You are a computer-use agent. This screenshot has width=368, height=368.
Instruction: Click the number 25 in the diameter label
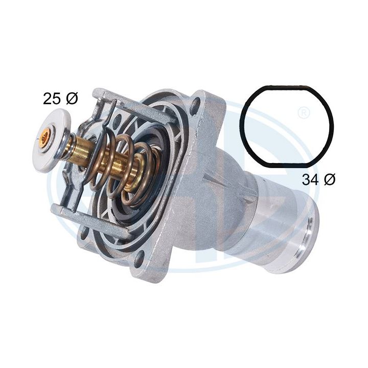coord(52,99)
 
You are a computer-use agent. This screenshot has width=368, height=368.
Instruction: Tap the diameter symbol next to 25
coord(72,99)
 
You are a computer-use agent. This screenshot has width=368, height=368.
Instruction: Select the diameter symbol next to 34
coord(330,179)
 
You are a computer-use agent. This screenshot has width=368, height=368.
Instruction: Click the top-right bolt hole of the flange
coord(195,108)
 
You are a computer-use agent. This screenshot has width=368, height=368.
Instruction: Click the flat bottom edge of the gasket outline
coord(287,165)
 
